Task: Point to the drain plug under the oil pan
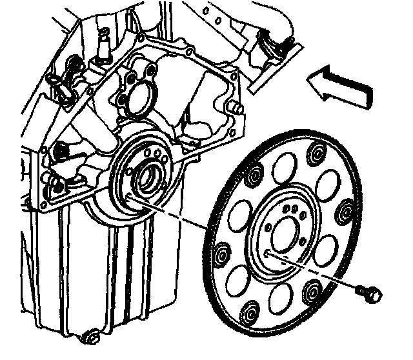90,336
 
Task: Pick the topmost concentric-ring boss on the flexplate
316,153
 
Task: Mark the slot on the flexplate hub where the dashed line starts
267,254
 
